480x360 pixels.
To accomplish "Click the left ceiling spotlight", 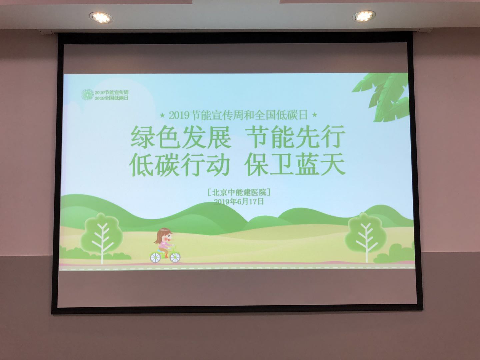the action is coord(101,17).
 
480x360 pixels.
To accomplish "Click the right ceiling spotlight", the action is coord(364,16).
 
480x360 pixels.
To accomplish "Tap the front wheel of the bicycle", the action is coord(175,257).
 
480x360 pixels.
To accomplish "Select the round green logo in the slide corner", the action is coord(87,95).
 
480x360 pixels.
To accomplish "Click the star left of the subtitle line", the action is coord(162,115).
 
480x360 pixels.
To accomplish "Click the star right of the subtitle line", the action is coord(314,115).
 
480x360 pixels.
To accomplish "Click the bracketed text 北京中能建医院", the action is coord(239,193).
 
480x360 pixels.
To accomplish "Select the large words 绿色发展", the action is coord(181,137).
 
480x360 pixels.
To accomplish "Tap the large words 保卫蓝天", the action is coord(295,164).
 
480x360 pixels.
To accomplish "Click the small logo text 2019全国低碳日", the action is coord(112,98).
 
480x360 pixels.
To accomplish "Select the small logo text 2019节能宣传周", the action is coord(112,92).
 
